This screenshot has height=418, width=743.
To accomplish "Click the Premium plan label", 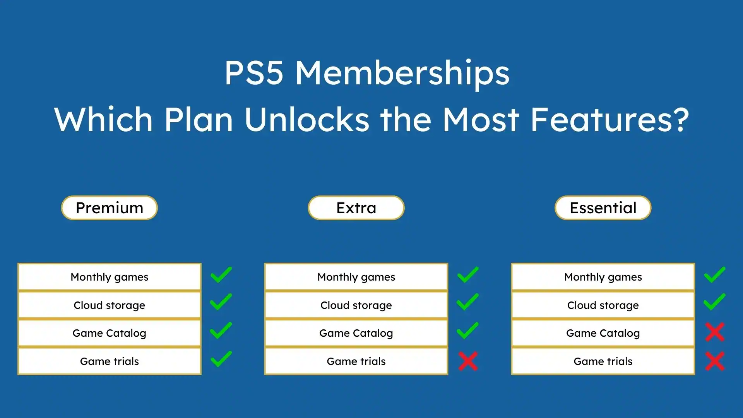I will tap(110, 208).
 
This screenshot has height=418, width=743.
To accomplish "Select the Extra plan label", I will tap(356, 208).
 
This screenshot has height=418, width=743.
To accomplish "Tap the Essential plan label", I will tap(603, 208).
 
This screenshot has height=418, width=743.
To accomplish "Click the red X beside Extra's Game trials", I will tap(468, 361).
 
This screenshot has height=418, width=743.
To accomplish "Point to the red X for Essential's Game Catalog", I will tap(715, 332).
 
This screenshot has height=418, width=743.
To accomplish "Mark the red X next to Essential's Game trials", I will tap(715, 361).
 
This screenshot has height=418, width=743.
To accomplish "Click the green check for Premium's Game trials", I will tap(221, 359).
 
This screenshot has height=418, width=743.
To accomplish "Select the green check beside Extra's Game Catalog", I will tap(468, 331).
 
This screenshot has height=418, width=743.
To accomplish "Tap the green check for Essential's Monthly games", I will tap(715, 275).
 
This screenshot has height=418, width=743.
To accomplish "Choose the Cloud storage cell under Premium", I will tap(110, 305).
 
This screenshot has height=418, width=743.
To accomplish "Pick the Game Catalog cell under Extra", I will tap(356, 333).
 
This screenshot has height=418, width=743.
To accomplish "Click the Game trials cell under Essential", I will tap(603, 361).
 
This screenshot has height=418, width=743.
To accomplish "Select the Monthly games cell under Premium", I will tap(110, 277).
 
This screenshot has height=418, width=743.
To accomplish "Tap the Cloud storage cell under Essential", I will tap(603, 305).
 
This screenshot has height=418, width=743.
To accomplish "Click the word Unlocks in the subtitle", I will tap(307, 119).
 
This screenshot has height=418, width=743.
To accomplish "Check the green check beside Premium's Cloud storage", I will tap(221, 302).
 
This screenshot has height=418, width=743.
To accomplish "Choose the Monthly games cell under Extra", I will tap(356, 277).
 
